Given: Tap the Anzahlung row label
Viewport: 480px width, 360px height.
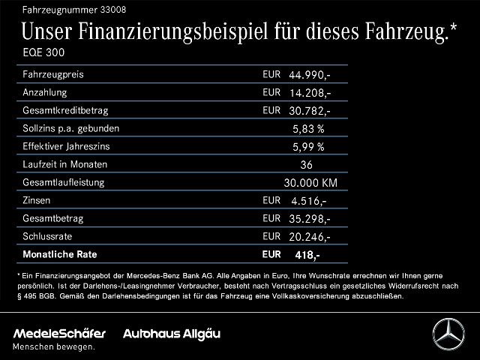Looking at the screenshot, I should (45, 93).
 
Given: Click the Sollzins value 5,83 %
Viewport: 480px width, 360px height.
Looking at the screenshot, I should (308, 129).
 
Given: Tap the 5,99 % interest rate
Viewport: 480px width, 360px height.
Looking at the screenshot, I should (308, 147).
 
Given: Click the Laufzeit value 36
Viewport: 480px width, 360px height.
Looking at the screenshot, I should (305, 165).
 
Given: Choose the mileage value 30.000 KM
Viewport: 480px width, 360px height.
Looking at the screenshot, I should (310, 183).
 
